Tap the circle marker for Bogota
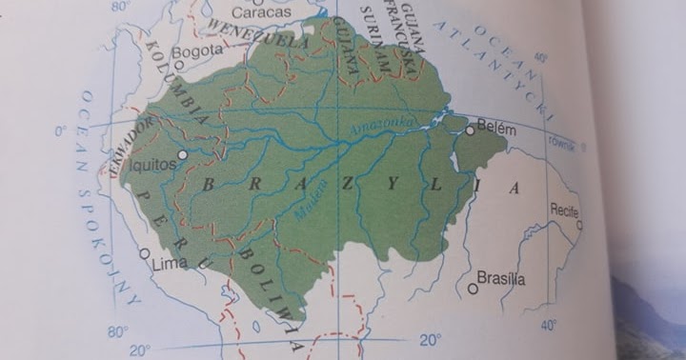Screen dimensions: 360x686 tap(177, 54)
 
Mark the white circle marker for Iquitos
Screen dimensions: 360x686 tap(183, 152)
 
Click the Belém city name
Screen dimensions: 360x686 tap(496, 128)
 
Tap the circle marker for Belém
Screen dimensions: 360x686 tap(470, 130)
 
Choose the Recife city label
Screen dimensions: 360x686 tap(564, 209)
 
